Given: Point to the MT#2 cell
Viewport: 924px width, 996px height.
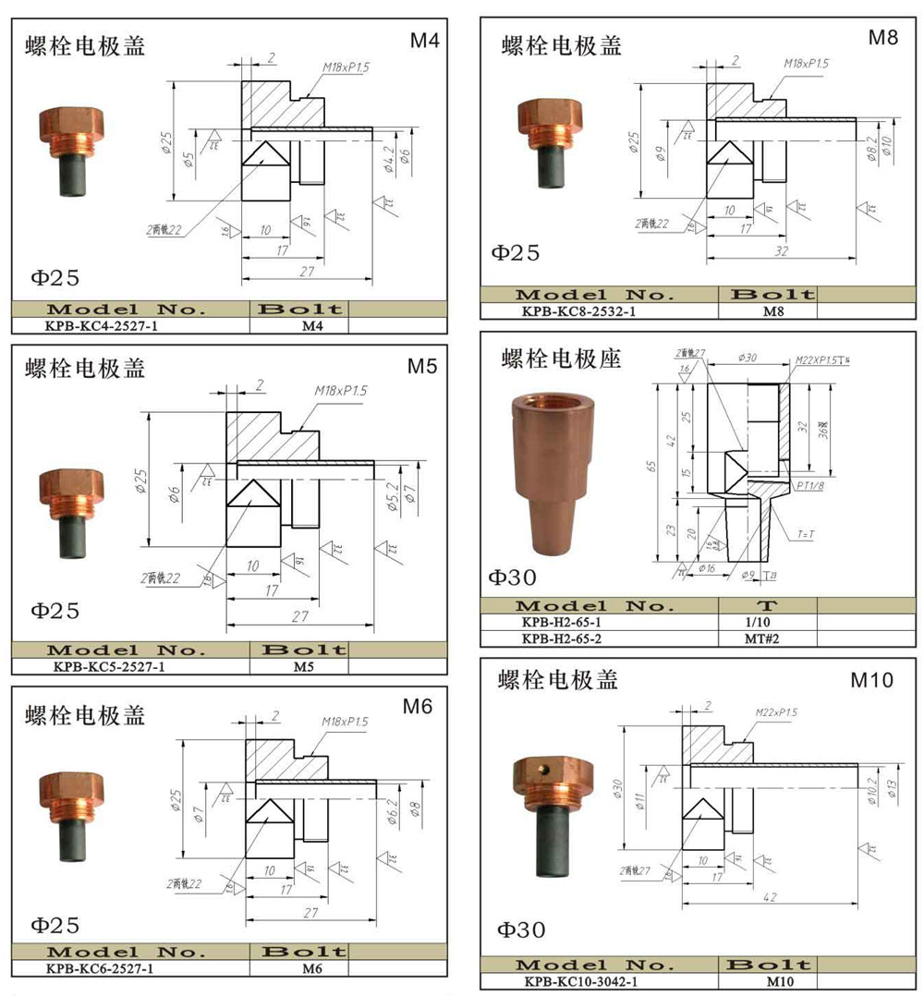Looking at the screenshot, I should point(768,638).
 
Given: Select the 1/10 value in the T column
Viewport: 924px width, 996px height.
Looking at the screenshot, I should point(768,622).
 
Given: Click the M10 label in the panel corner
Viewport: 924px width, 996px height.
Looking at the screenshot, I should point(871,681).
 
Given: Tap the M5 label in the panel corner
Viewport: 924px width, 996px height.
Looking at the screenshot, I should point(421,366).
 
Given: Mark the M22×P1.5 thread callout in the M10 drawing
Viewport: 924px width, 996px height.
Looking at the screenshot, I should point(775,712).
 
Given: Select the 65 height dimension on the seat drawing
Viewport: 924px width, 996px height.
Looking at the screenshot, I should point(652,468).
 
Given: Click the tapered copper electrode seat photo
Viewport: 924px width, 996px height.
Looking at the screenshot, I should point(541,476).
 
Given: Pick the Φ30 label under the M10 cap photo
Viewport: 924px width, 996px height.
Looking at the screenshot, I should point(521,929).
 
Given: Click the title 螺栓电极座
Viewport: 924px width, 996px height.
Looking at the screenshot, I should point(561,358).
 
